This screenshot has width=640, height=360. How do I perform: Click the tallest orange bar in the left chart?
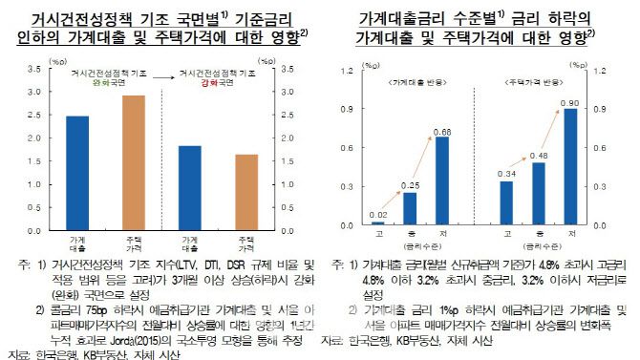(x=133, y=163)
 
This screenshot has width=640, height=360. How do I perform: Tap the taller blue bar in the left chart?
(x=77, y=173)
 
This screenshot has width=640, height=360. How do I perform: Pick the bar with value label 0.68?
(x=441, y=180)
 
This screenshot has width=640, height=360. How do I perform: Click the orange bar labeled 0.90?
(x=570, y=166)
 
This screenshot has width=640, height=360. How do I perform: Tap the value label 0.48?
(x=538, y=155)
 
